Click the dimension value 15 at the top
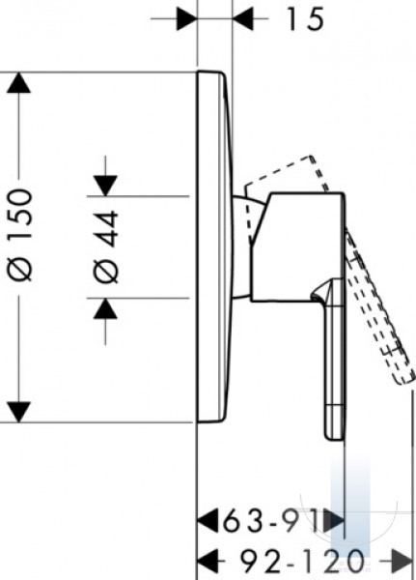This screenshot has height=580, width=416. coord(305,19)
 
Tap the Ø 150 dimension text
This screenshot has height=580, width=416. coord(20,235)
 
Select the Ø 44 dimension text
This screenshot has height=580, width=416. coord(106,246)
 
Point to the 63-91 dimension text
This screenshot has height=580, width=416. coord(271,520)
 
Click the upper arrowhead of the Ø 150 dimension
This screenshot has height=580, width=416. coord(18,83)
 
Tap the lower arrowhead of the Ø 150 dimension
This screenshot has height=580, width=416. coord(18,412)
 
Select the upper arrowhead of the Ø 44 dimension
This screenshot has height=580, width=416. coord(105,186)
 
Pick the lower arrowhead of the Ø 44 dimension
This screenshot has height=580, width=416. coord(105,308)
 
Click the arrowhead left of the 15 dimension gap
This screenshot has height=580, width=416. coord(187,18)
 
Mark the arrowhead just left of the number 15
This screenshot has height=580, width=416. coord(243,18)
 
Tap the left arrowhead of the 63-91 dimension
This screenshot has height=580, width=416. coord(208,520)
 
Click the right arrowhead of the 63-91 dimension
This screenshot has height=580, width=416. coord(334,520)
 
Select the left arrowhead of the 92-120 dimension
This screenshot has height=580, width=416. coord(208,561)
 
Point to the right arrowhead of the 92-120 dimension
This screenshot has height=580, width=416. coord(402,561)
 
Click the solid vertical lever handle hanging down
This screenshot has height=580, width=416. coord(334,359)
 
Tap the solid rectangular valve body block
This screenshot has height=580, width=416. coord(298,246)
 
